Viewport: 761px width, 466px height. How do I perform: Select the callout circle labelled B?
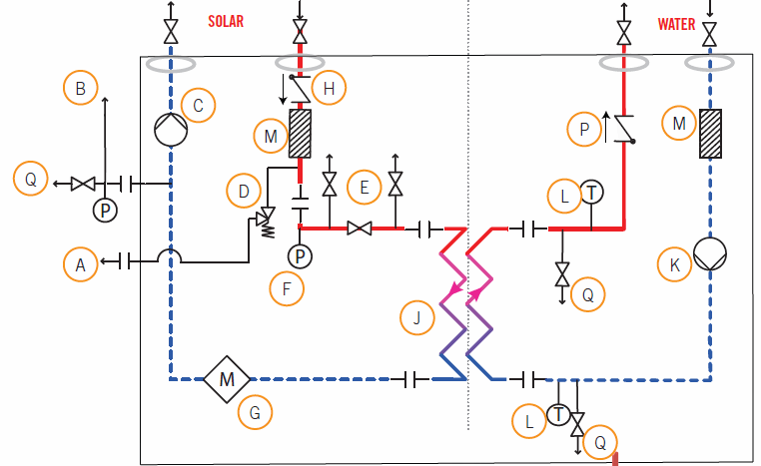81,89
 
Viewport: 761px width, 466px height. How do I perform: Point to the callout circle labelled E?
365,186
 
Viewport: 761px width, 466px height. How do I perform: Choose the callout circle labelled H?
329,89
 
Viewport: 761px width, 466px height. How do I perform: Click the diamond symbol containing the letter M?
226,379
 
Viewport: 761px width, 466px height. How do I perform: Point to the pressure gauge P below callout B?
105,210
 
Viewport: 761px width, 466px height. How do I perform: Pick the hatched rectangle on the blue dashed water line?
710,132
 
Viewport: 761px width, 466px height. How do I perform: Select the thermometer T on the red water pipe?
592,193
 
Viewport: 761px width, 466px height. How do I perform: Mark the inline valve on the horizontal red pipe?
360,229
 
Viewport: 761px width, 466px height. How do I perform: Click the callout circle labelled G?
255,411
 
